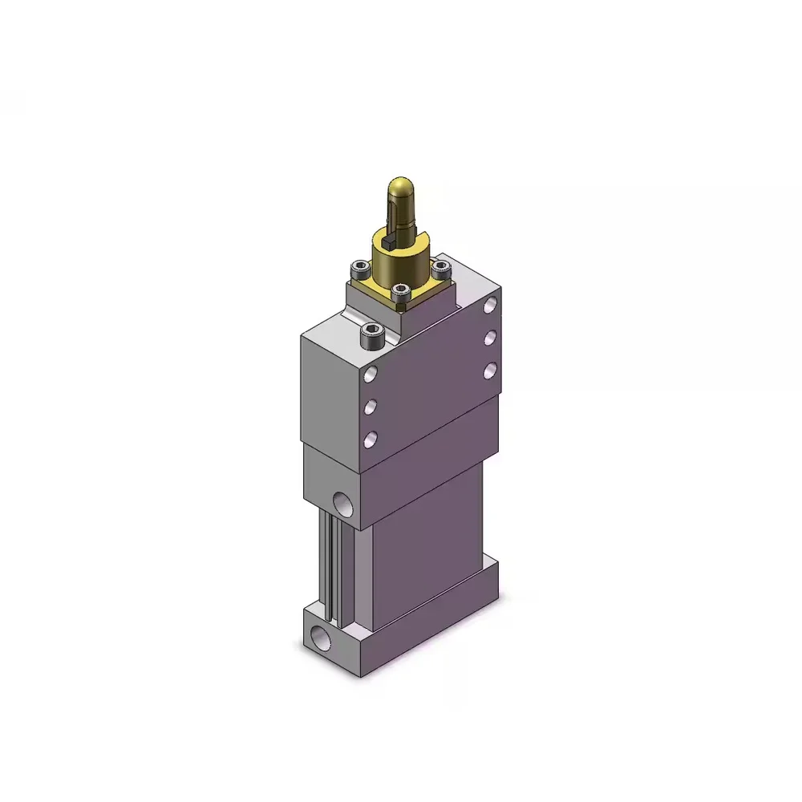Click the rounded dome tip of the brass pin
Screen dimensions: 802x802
pos(401,191)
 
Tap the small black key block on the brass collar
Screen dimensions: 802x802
pos(387,238)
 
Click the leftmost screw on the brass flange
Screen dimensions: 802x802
pos(356,269)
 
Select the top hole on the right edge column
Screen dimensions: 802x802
pos(490,306)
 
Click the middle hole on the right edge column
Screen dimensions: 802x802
pos(490,337)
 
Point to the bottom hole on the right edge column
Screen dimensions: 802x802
pos(490,369)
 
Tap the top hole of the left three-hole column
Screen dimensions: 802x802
pos(371,375)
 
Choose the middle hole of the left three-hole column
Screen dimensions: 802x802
pos(371,407)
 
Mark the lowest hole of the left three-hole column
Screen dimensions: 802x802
pos(371,438)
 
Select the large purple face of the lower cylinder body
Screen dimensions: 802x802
pos(425,545)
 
